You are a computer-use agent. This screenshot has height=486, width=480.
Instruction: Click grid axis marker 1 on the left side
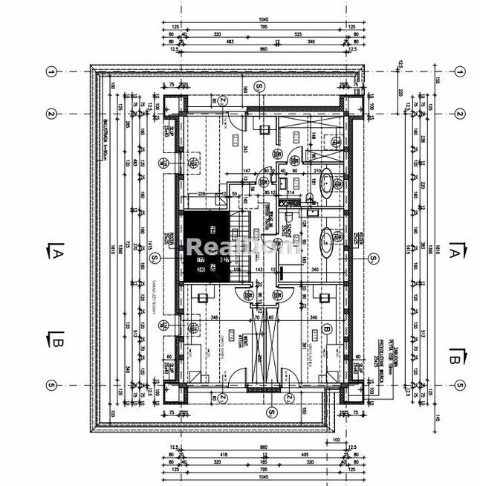coord(51,71)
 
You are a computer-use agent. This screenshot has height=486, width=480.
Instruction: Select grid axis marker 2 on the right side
coord(460,114)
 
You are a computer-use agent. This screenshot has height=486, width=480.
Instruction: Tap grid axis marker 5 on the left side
coord(51,385)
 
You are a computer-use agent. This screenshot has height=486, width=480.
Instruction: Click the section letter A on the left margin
coord(56,255)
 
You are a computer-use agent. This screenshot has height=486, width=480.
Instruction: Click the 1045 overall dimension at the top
coord(262,19)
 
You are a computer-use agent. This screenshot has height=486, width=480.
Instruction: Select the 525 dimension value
coord(297,34)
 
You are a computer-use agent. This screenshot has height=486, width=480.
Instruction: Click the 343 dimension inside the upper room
coord(246,149)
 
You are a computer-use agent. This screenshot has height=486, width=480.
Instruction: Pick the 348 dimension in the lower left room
coord(214,318)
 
